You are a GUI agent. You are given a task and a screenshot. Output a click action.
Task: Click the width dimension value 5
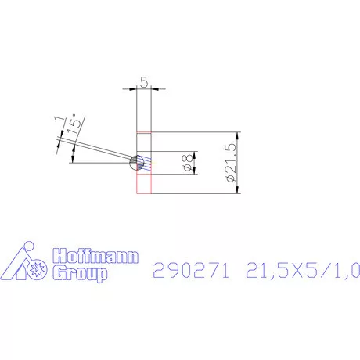tap(142, 81)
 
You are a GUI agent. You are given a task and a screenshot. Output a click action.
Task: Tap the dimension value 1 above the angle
tap(56, 120)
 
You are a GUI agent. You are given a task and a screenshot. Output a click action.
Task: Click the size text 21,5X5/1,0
tap(301, 271)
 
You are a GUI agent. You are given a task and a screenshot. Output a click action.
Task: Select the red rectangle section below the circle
tap(142, 182)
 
